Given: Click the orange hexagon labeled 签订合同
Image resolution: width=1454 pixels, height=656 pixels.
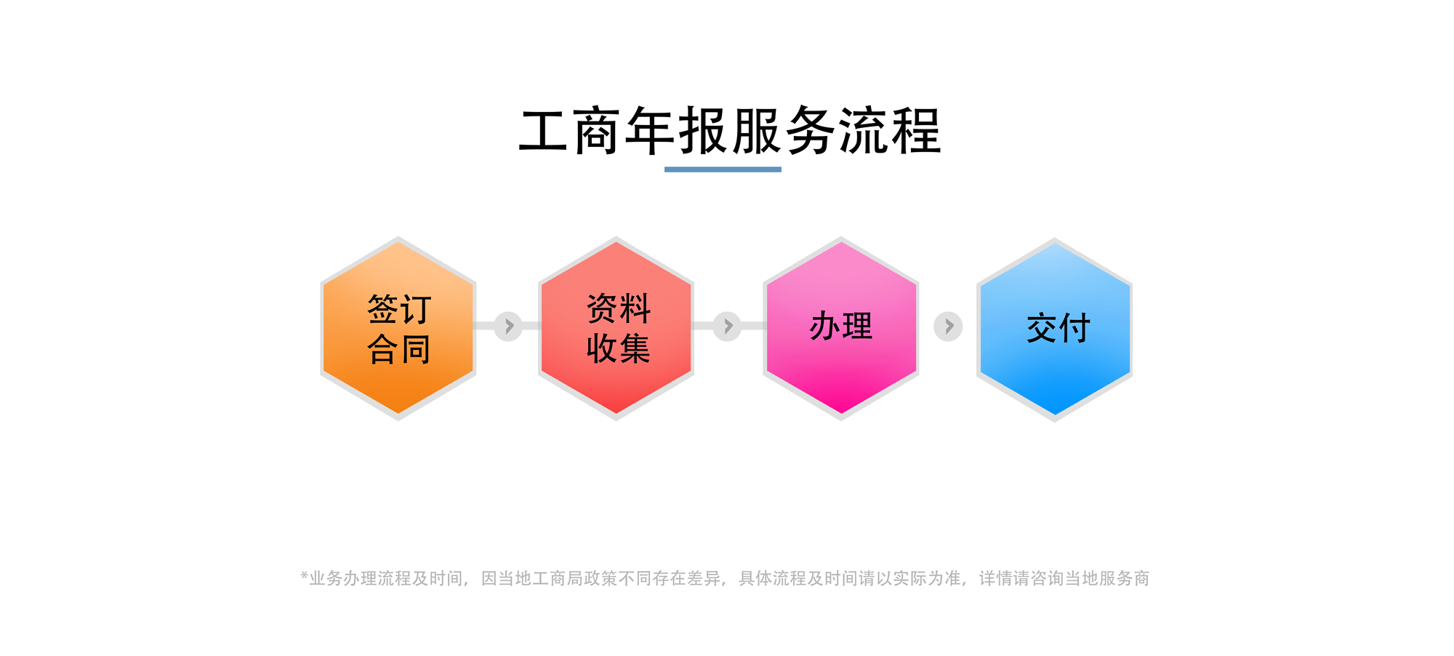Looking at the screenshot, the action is (398, 329).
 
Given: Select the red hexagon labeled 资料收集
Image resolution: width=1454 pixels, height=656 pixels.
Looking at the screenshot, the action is (616, 329).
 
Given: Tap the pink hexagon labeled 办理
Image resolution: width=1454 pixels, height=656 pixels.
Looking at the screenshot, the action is (841, 329).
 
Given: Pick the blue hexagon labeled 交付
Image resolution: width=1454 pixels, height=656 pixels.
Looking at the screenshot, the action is (1055, 329).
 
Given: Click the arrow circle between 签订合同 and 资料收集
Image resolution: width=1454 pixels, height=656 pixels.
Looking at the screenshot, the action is (508, 326).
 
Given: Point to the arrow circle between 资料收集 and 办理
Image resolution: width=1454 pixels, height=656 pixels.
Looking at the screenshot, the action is (727, 326).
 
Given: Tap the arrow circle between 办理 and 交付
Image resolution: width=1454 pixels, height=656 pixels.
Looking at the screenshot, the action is (948, 327).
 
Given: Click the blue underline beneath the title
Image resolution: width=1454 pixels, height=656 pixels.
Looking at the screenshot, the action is (723, 169).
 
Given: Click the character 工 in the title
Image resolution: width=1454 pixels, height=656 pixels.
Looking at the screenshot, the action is (544, 132).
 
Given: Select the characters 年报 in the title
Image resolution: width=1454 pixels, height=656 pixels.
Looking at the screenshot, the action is (677, 132).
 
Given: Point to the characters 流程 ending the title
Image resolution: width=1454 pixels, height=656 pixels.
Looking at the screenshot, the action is (890, 132).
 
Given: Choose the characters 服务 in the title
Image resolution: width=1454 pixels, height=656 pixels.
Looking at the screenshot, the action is (784, 132).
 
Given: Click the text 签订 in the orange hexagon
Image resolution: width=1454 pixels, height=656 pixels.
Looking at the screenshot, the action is (399, 309).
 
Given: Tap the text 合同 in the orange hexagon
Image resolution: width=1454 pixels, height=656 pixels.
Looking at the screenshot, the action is (399, 349).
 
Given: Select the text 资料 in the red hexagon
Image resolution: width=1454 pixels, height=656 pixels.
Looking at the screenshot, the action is (619, 308).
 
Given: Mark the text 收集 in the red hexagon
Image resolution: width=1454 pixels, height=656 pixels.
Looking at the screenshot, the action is (619, 348).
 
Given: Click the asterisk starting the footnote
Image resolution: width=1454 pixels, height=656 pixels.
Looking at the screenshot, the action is (305, 576).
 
